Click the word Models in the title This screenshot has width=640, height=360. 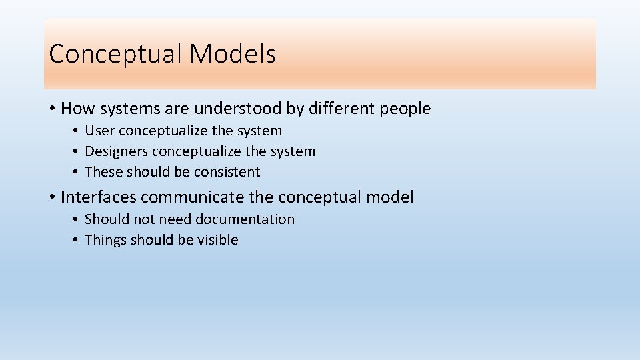[x=233, y=54]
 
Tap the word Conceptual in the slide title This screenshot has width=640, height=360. [x=116, y=54]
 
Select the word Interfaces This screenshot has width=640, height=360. [x=99, y=197]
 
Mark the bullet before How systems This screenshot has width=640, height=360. [x=52, y=109]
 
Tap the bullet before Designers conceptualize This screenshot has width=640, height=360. [x=77, y=152]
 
